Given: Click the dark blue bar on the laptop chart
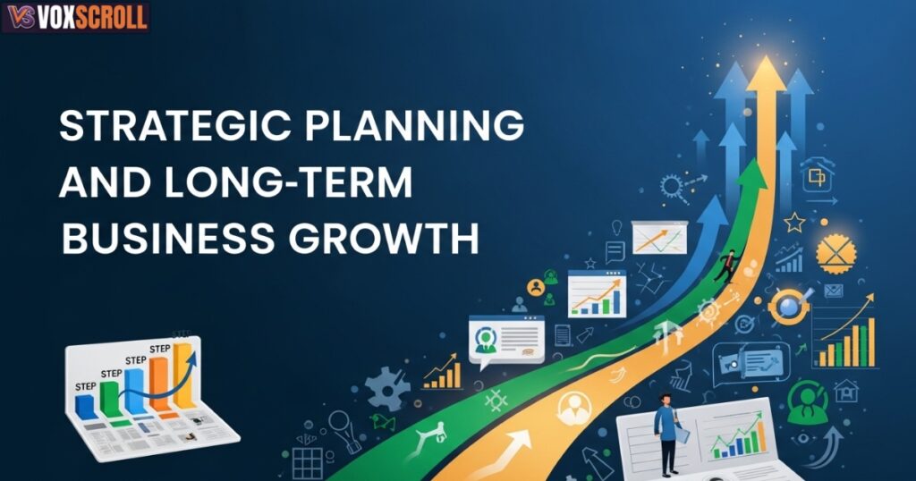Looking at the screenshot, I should [x=86, y=406].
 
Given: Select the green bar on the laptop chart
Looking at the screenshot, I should [x=111, y=399].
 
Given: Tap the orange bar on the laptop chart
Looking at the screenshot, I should [x=160, y=383].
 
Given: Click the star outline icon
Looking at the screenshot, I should [x=793, y=221].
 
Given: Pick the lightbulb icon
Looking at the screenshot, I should [x=618, y=228].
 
